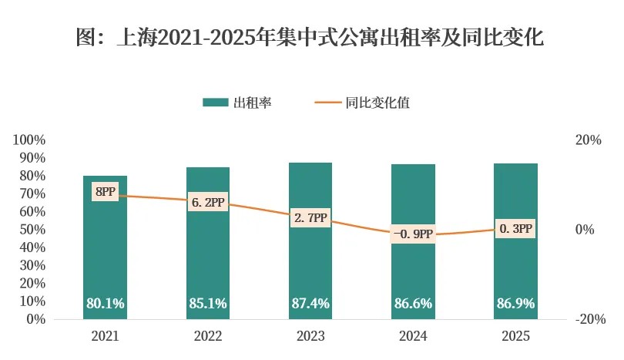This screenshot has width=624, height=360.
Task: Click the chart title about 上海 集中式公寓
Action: click(x=311, y=37)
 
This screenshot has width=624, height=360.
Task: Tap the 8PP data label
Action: click(x=105, y=191)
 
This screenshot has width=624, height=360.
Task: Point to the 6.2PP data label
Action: click(x=207, y=204)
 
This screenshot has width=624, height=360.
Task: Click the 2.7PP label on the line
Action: click(x=310, y=218)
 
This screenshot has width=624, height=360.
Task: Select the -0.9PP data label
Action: click(x=413, y=234)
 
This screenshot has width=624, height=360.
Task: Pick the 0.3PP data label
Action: click(x=515, y=229)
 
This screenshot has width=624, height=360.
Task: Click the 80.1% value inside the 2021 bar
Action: click(x=105, y=304)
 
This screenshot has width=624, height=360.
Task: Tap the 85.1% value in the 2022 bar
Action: click(x=207, y=304)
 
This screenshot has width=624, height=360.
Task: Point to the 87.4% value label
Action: click(x=310, y=304)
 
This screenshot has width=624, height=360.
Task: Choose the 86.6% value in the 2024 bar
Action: click(x=413, y=304)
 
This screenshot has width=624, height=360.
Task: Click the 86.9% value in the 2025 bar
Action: click(x=515, y=304)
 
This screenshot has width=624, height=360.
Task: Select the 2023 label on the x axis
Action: click(x=310, y=337)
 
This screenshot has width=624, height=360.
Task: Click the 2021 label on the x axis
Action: click(x=105, y=337)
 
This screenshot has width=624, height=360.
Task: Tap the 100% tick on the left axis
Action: click(x=30, y=140)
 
